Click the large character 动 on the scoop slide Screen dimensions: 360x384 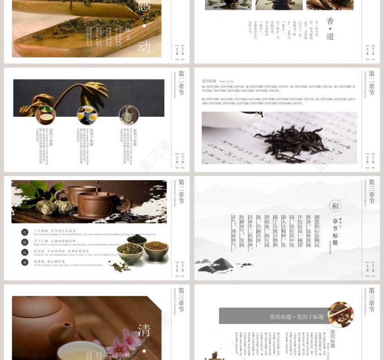point(144,46)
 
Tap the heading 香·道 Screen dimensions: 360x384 point(330,28)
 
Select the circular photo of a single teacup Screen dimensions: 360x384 point(45,115)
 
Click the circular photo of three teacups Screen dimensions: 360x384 point(87,115)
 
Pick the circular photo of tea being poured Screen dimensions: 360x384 point(129,115)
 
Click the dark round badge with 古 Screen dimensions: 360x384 point(25,232)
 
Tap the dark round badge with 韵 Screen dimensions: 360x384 point(25,242)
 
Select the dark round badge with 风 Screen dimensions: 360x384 point(25,252)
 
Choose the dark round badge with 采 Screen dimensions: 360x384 point(25,262)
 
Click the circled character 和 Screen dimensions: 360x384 point(335,206)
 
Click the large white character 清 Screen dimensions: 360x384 point(144,330)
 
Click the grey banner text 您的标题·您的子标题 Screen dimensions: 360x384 point(297,317)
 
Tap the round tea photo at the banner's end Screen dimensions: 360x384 point(340,314)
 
